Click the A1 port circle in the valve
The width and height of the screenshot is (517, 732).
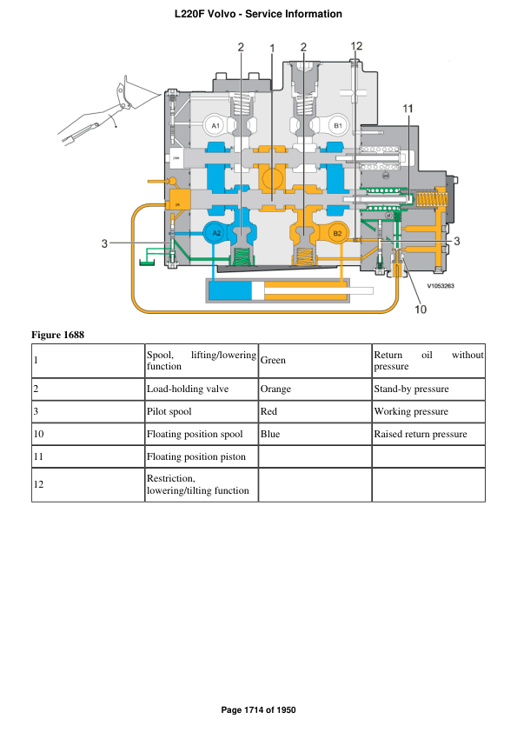click(x=216, y=127)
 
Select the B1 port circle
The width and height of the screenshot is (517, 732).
click(x=339, y=127)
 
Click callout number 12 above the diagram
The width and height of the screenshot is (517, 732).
click(x=356, y=46)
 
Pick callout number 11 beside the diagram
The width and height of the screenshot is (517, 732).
click(x=408, y=108)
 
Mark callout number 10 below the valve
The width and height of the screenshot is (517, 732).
click(x=420, y=309)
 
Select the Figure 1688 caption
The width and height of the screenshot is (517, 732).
click(x=57, y=335)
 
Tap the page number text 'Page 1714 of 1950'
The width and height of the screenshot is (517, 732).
click(x=259, y=710)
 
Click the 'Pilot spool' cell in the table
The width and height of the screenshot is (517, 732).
click(x=169, y=411)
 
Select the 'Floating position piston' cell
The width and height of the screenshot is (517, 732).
click(x=196, y=456)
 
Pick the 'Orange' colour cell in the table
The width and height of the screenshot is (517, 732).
click(x=275, y=389)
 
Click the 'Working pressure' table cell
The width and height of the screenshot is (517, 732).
click(x=411, y=411)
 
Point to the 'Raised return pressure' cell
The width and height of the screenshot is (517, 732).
click(x=421, y=434)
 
